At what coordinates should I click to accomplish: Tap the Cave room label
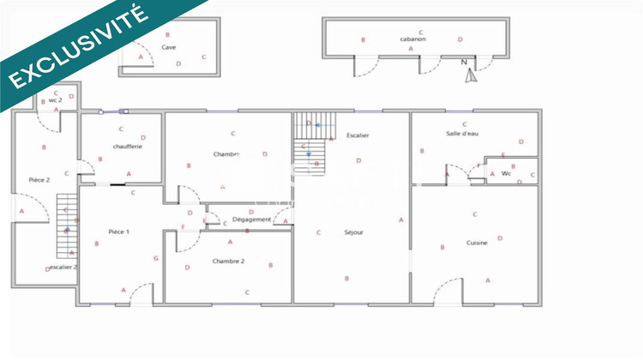[x=169, y=47]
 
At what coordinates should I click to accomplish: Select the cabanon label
[x=412, y=39]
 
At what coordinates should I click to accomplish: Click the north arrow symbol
[x=469, y=75]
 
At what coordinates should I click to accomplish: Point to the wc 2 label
[x=54, y=100]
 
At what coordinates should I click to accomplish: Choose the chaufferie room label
[x=127, y=147]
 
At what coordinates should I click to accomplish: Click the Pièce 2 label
[x=39, y=180]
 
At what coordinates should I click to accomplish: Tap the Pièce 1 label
[x=118, y=232]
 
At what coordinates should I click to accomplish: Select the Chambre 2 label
[x=229, y=261]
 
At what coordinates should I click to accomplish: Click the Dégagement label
[x=252, y=220]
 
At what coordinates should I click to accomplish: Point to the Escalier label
[x=358, y=136]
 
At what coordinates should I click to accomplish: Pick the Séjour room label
[x=353, y=232]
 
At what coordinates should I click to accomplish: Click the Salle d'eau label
[x=463, y=134]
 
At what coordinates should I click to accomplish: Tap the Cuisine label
[x=478, y=243]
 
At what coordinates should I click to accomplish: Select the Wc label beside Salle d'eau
[x=506, y=174]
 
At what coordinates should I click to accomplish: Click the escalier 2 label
[x=63, y=267]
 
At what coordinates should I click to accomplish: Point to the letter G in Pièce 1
[x=156, y=258]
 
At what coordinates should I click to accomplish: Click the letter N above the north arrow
[x=463, y=63]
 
